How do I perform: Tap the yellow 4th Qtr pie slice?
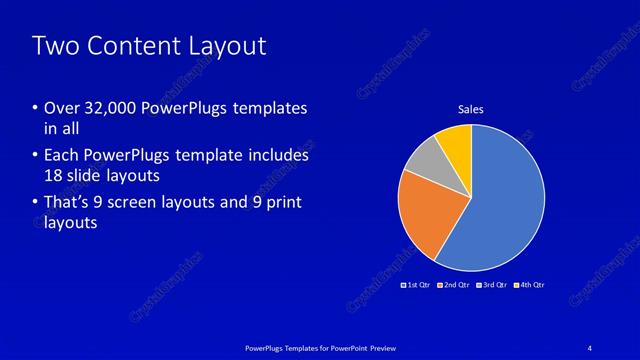456,143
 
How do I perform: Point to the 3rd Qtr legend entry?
492,285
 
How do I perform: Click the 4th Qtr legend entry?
530,285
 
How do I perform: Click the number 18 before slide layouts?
54,176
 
